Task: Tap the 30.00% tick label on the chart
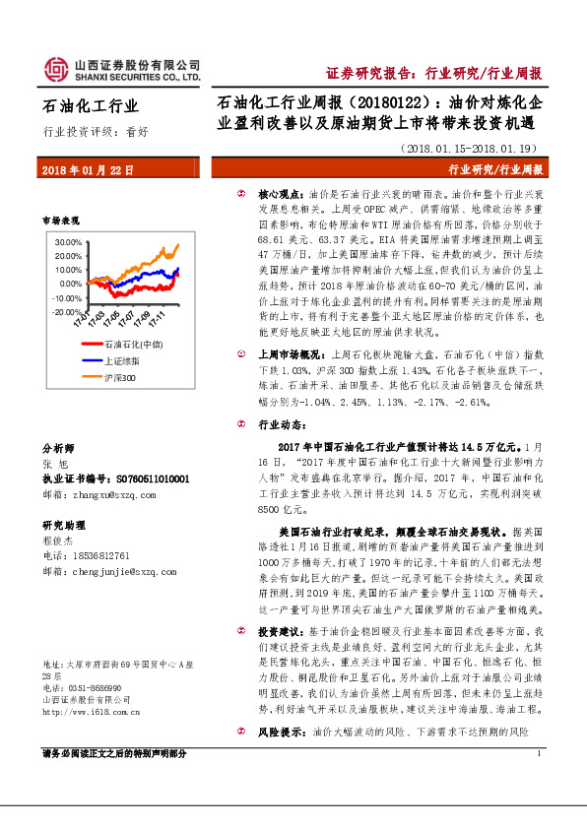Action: pyautogui.click(x=69, y=241)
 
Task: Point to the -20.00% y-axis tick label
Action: pyautogui.click(x=68, y=311)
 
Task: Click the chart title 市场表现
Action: pyautogui.click(x=61, y=221)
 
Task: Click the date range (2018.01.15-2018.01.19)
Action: pyautogui.click(x=473, y=148)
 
